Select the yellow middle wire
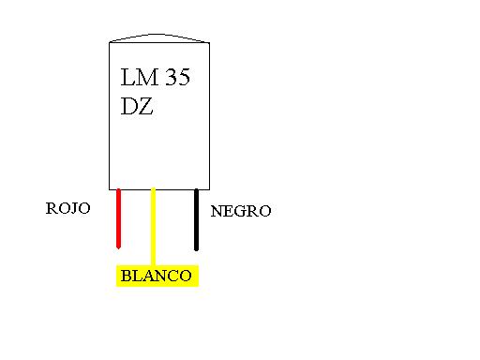[x=154, y=225]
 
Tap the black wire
[x=196, y=219]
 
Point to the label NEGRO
[x=241, y=212]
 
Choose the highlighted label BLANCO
[x=157, y=277]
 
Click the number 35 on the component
[x=174, y=78]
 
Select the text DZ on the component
[x=137, y=107]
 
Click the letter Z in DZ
[x=146, y=107]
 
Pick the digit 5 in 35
[x=182, y=78]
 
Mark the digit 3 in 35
[x=166, y=78]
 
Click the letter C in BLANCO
[x=170, y=277]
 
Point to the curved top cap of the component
[x=157, y=37]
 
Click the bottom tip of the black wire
[x=196, y=248]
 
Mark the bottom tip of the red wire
[x=119, y=247]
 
